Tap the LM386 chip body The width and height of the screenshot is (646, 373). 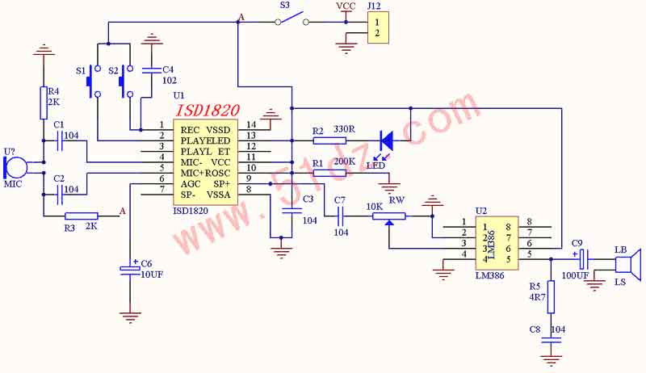[x=498, y=239]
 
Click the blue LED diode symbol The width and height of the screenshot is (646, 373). [x=386, y=139]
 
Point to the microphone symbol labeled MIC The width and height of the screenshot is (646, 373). [x=14, y=167]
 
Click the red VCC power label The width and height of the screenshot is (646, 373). [x=346, y=6]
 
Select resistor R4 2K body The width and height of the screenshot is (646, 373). [x=44, y=103]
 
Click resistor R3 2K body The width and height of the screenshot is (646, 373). [x=81, y=216]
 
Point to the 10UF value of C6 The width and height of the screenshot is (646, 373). [x=152, y=275]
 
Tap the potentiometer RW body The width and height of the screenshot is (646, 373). [x=390, y=216]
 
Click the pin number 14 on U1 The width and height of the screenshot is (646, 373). [x=253, y=124]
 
